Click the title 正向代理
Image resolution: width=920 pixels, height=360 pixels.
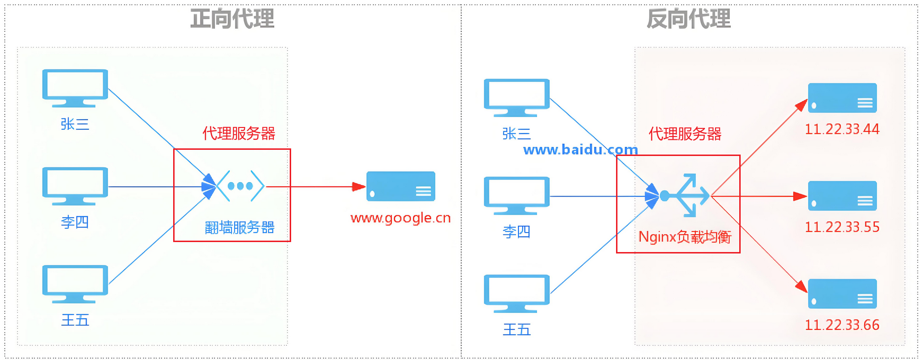tap(232, 19)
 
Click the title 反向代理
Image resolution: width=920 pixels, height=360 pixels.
tap(688, 19)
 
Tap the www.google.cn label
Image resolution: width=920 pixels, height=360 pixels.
tap(401, 218)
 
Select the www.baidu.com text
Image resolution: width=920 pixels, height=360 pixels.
tap(580, 150)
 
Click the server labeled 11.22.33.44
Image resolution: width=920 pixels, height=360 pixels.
tap(842, 98)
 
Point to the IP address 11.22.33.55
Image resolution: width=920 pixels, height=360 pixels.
tap(842, 227)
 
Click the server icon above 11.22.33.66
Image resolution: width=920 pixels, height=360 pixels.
tap(842, 293)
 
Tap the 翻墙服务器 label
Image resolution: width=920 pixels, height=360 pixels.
tap(240, 228)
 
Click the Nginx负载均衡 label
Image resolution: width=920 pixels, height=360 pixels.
tap(685, 237)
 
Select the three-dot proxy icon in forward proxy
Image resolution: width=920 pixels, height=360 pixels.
tap(240, 186)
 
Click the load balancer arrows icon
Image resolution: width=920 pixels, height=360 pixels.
tap(687, 195)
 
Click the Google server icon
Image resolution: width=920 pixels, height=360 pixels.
tap(401, 186)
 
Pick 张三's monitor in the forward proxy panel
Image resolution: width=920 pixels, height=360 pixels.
tap(75, 88)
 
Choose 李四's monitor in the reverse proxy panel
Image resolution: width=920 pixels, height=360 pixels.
tap(517, 195)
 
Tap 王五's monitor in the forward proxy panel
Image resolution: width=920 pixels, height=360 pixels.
tap(75, 284)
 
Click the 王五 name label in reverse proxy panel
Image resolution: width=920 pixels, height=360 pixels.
tap(517, 330)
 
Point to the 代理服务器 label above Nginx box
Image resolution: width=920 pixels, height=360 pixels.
tap(685, 134)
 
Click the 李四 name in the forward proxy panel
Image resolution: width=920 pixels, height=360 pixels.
tap(75, 222)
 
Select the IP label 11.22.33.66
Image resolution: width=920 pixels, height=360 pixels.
tap(842, 325)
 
